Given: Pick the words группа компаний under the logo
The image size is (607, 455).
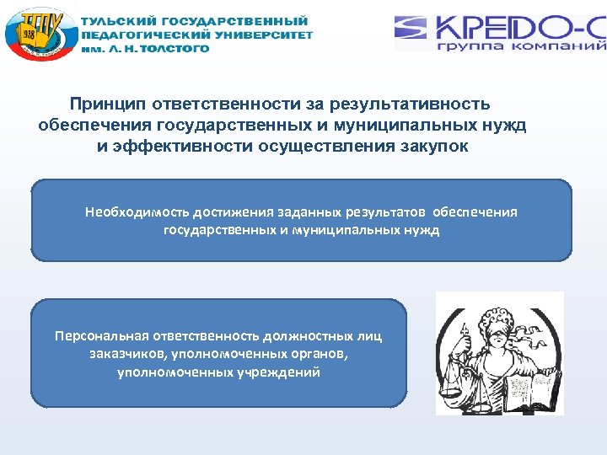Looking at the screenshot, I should pyautogui.click(x=521, y=45).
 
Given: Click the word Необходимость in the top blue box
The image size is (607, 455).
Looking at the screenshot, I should pyautogui.click(x=137, y=212).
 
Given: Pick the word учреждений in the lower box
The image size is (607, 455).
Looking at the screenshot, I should pyautogui.click(x=277, y=372).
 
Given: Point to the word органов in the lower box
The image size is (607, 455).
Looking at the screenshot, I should pyautogui.click(x=318, y=355).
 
